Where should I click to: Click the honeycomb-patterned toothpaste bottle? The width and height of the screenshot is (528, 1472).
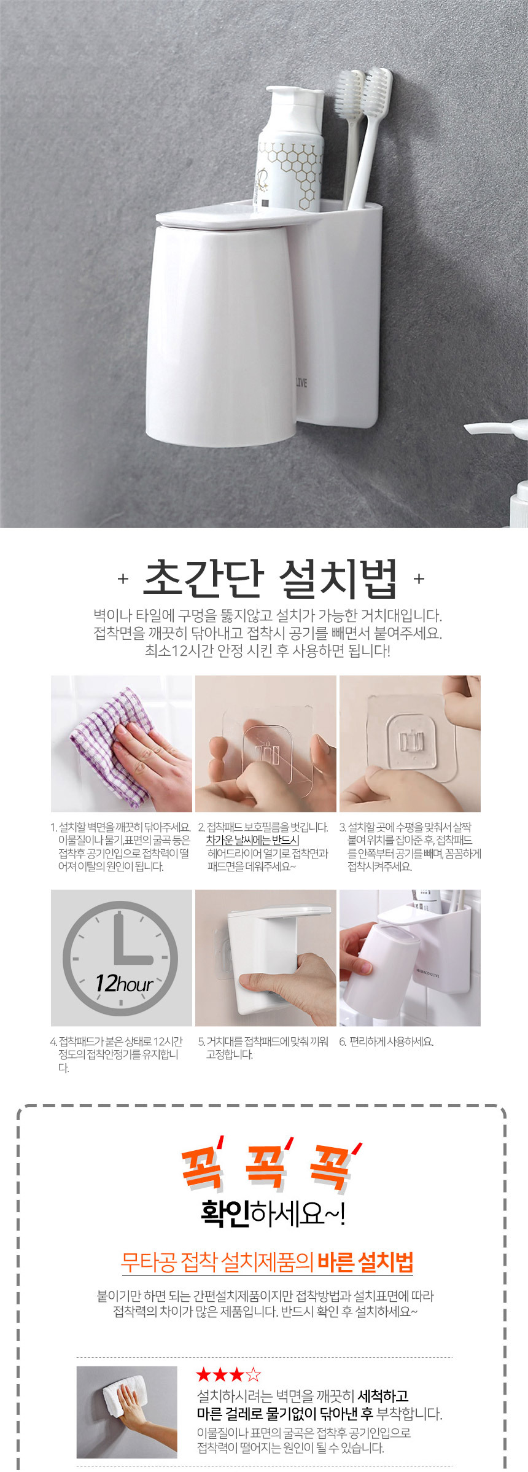[289, 150]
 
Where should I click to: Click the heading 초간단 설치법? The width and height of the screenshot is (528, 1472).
[270, 578]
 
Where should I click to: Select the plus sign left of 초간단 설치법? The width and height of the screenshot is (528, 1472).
[123, 578]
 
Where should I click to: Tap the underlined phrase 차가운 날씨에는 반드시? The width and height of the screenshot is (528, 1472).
[252, 840]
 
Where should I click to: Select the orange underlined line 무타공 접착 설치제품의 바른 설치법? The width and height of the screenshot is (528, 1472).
[267, 1263]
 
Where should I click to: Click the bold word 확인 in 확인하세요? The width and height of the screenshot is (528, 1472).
[225, 1213]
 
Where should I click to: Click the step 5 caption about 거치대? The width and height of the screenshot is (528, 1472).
[263, 1048]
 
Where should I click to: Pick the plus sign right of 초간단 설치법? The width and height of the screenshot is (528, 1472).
[419, 578]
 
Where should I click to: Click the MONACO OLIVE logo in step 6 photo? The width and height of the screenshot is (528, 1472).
[428, 973]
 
